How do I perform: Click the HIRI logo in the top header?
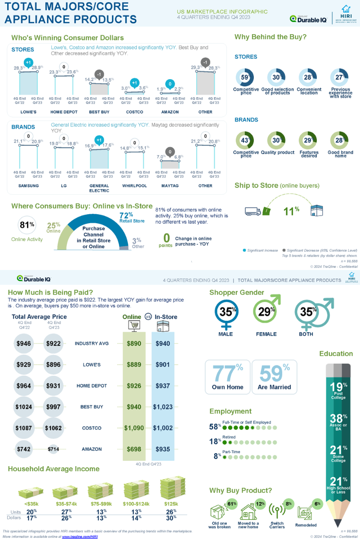coord(346,15)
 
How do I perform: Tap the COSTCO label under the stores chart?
coord(135,112)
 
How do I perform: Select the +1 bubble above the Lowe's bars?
coord(28,62)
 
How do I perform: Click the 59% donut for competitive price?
coord(246,77)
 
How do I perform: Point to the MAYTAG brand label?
coord(170,185)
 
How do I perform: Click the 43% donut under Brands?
coord(246,140)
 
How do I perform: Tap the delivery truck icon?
coord(252,211)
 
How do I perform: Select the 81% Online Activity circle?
coord(27,225)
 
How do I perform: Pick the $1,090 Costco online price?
coord(134,428)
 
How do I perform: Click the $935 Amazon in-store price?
coord(163,449)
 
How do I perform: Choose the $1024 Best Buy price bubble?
coord(24,407)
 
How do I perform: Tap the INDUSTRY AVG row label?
coord(92,343)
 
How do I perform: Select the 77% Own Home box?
coord(227,377)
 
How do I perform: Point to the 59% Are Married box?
coord(274,377)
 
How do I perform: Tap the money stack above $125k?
coord(171,488)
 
